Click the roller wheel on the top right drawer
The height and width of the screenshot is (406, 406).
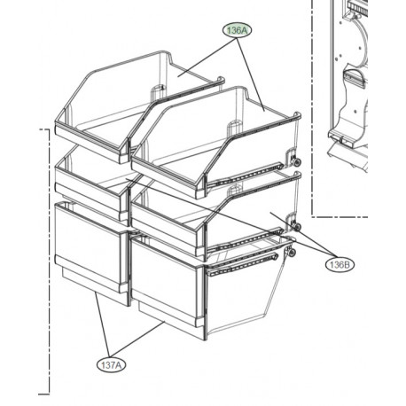click(x=296, y=162)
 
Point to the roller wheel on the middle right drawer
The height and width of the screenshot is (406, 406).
click(x=296, y=227)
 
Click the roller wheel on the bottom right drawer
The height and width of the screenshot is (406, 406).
click(x=291, y=253)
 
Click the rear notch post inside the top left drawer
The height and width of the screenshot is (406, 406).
click(x=157, y=91)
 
